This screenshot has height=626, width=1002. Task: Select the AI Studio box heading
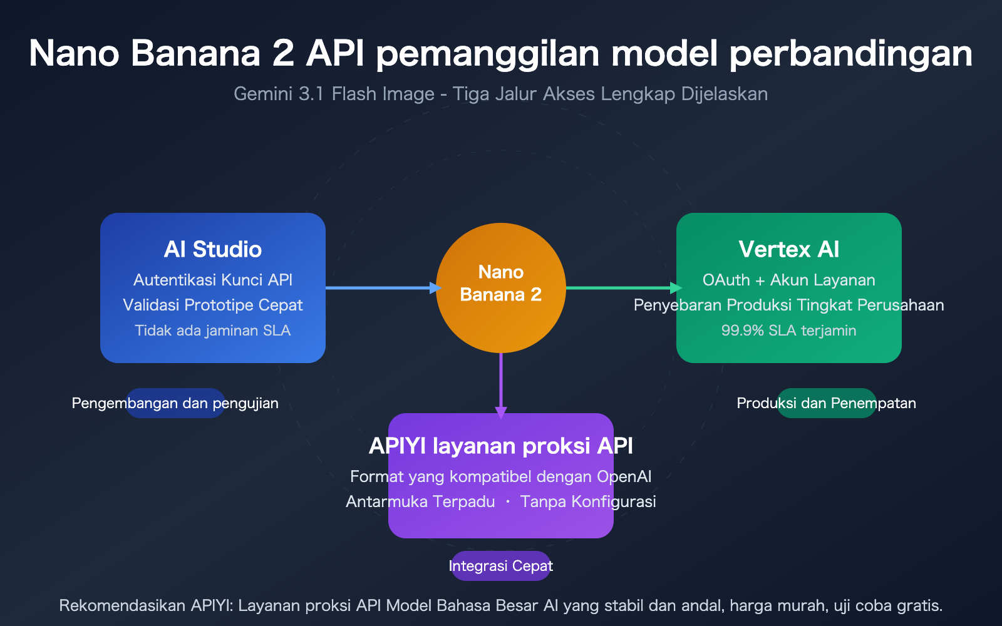[x=213, y=249]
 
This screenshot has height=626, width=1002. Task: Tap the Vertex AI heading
[x=788, y=249]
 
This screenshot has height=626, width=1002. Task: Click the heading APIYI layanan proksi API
[x=501, y=446]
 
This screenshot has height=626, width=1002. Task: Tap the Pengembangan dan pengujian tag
[x=175, y=403]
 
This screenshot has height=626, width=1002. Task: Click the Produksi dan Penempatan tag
[x=826, y=403]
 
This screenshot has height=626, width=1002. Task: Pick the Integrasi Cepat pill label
[x=501, y=566]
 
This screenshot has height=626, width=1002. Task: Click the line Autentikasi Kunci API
[x=213, y=280]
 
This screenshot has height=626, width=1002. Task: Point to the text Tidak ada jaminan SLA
[x=213, y=331]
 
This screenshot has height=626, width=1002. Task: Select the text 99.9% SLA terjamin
[x=788, y=331]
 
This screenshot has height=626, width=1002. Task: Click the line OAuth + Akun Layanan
[x=788, y=280]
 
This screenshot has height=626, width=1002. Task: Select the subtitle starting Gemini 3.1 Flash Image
[x=501, y=94]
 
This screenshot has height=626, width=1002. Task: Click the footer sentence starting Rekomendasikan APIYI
[x=501, y=605]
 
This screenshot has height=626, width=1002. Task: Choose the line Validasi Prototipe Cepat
[x=213, y=305]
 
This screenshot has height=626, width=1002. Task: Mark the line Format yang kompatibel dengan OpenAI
[x=501, y=476]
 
